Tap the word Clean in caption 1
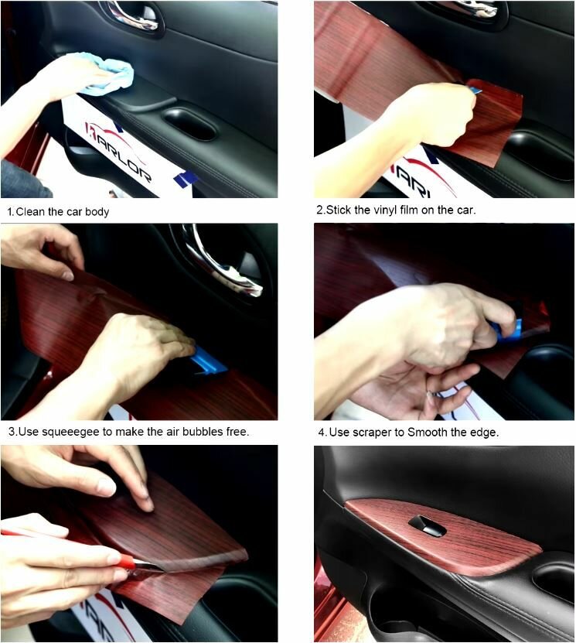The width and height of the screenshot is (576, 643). (32, 211)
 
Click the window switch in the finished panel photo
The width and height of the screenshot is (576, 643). (428, 526)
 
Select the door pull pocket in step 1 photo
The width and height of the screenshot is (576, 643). (189, 123)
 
